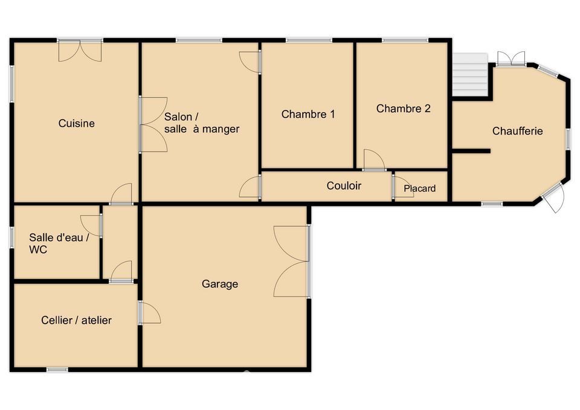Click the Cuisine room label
point(77,123)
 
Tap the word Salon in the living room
point(178,117)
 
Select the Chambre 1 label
point(308,114)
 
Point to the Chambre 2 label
point(403,109)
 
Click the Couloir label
point(344,185)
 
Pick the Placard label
point(419,188)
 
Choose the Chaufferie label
point(518,131)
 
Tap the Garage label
point(220,284)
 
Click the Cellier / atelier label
point(77,320)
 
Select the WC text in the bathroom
point(38,249)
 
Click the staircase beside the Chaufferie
point(471,74)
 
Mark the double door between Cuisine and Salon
point(153,124)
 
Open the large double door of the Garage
point(291,261)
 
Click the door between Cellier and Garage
point(149,313)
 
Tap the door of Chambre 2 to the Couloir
point(374,159)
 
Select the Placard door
point(403,187)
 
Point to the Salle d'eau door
point(91,225)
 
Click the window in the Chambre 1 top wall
point(309,40)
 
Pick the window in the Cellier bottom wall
point(57,370)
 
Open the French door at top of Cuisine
point(80,50)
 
